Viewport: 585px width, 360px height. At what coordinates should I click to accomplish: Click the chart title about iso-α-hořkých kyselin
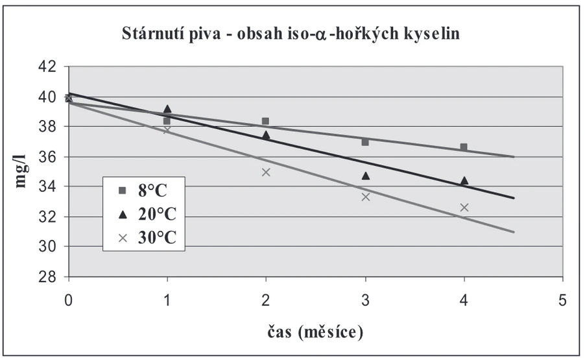click(x=291, y=33)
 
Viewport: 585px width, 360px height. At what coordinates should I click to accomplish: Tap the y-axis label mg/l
click(x=21, y=171)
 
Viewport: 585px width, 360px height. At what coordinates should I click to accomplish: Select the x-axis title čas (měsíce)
click(x=315, y=331)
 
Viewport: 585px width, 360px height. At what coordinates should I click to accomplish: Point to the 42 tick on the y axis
click(x=47, y=67)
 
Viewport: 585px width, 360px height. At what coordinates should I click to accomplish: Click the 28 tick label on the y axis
click(x=47, y=277)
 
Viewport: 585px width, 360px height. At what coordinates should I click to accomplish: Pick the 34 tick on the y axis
click(x=47, y=186)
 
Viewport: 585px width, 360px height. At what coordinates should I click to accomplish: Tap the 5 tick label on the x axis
click(x=562, y=300)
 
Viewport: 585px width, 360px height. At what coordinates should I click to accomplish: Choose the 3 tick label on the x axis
click(x=365, y=300)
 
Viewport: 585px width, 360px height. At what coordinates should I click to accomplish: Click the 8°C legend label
click(x=152, y=191)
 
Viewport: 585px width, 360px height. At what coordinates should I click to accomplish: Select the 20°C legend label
click(x=157, y=214)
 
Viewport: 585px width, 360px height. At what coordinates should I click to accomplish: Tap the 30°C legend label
click(x=157, y=237)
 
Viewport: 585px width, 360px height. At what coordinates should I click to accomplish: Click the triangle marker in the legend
click(x=123, y=215)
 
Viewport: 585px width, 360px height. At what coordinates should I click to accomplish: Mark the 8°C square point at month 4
click(x=464, y=147)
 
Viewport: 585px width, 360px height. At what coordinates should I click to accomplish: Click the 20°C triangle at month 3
click(x=366, y=176)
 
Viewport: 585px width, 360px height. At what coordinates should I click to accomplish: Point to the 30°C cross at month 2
click(x=266, y=172)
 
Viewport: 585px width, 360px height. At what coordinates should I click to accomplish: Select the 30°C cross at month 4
click(x=464, y=208)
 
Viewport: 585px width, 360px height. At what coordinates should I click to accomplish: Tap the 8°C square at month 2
click(x=266, y=121)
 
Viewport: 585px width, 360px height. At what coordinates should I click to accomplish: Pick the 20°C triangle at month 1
click(x=167, y=109)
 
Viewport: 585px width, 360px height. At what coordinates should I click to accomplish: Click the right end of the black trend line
click(x=514, y=198)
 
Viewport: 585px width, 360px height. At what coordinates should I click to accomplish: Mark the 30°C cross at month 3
click(x=366, y=197)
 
